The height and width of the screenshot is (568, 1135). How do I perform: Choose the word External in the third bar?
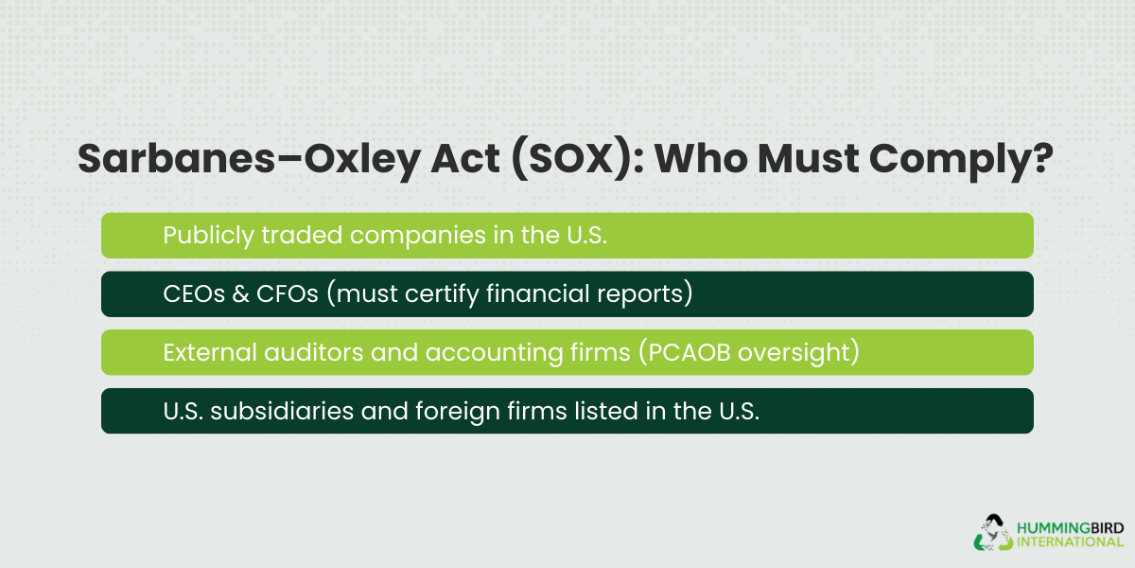tap(201, 353)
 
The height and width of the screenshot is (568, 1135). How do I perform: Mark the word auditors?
tap(298, 353)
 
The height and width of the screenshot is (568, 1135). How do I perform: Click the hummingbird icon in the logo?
tap(992, 532)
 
